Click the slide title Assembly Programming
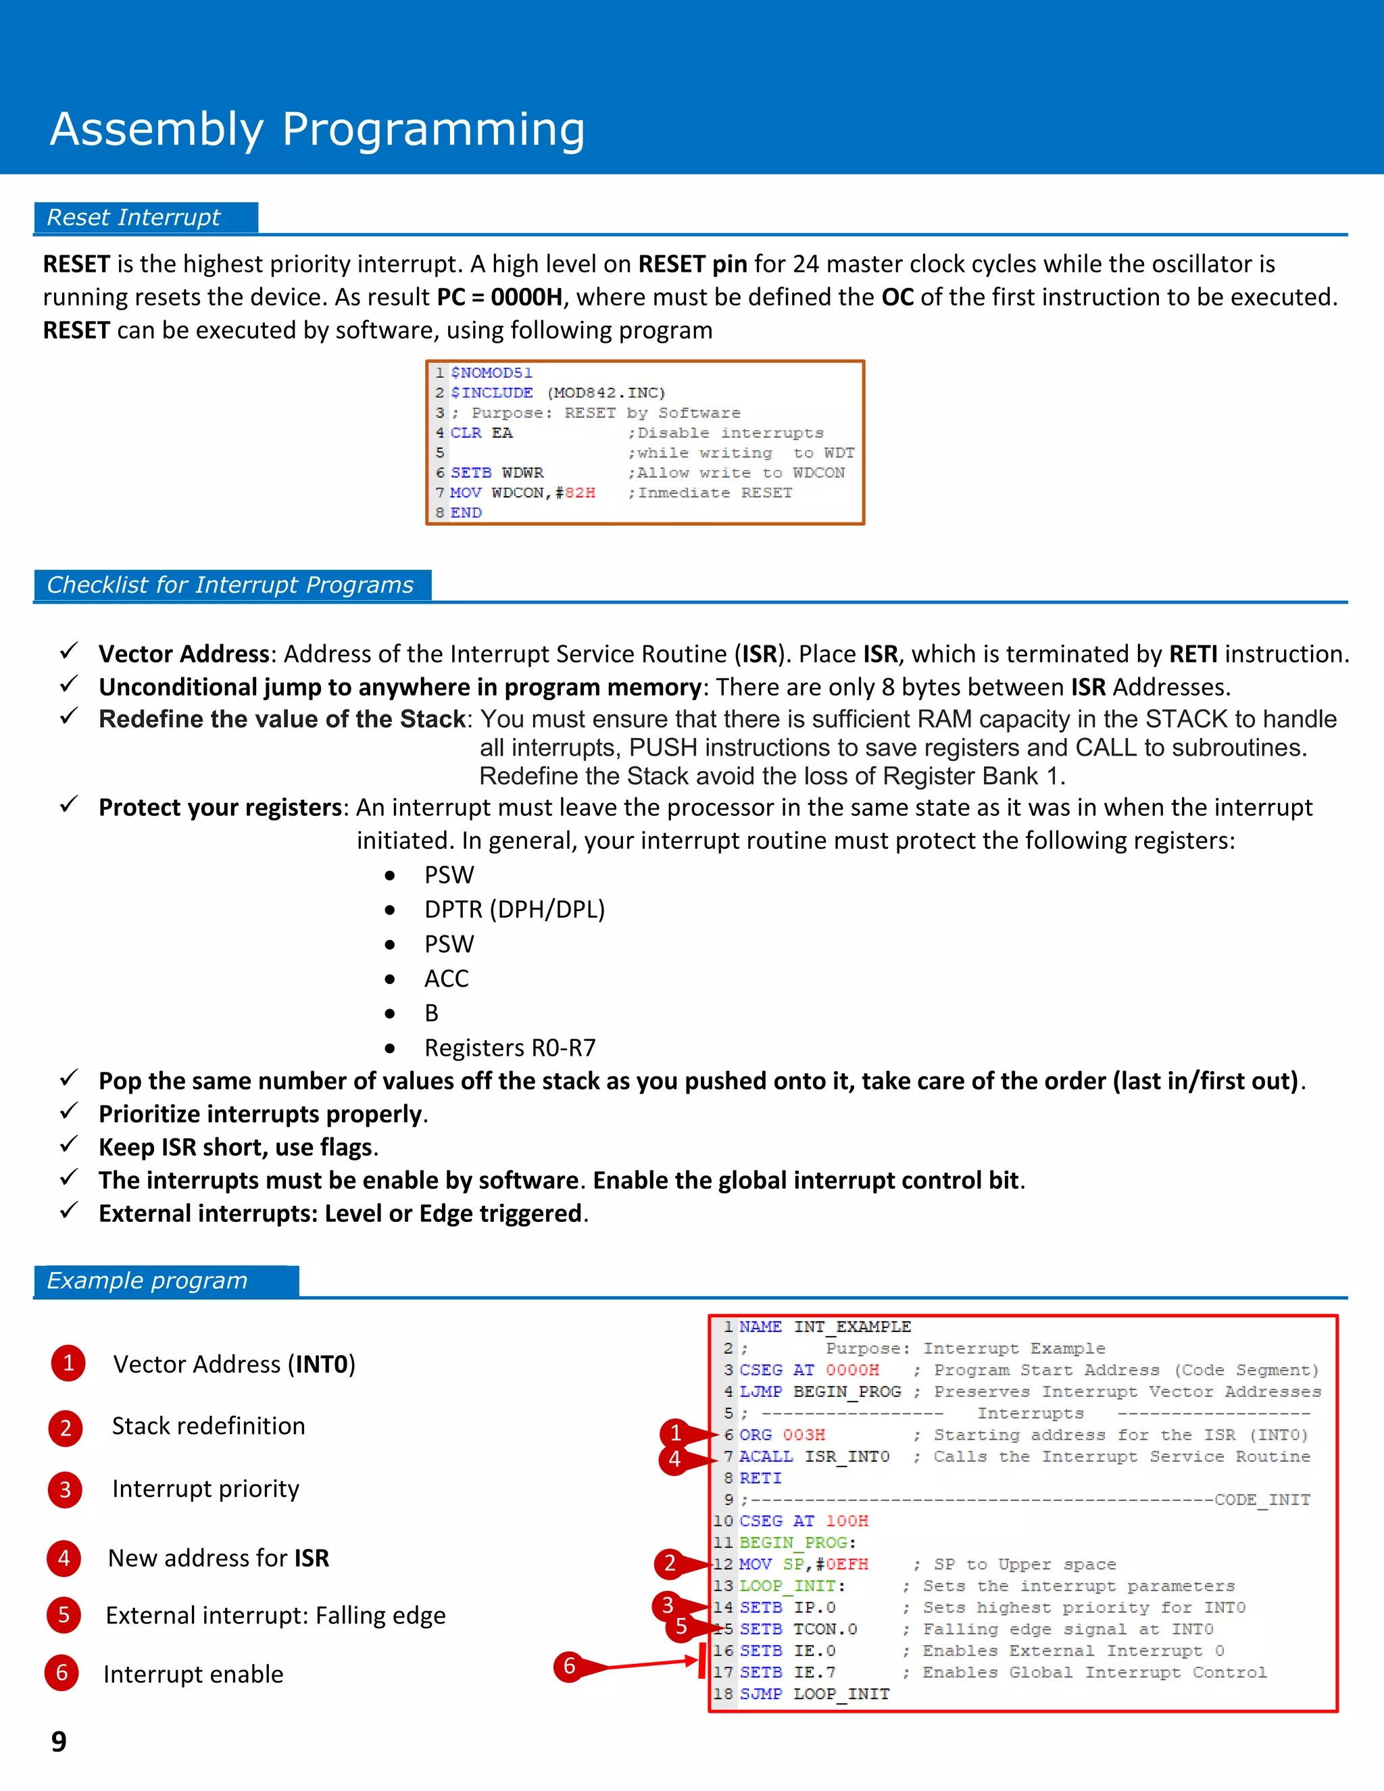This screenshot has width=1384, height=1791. pos(318,130)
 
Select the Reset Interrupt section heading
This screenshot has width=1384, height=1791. pos(134,218)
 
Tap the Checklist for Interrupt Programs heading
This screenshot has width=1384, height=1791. pos(230,585)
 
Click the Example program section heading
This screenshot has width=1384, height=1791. pos(147,1280)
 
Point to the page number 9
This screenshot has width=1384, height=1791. pos(59,1740)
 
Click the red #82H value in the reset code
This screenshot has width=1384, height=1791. pos(580,493)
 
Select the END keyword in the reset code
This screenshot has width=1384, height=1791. pos(466,512)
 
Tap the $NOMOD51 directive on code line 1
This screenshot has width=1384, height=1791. pos(491,373)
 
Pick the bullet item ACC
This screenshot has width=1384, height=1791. pos(446,979)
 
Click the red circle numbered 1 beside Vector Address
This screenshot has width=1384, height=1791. pos(68,1363)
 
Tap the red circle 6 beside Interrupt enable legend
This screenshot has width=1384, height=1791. pos(61,1673)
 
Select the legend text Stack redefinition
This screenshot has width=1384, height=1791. pos(208,1426)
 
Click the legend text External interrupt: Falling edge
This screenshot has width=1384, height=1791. pos(276,1615)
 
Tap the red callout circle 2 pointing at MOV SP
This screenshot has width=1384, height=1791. pos(670,1563)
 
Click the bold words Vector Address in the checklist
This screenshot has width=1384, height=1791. pos(184,654)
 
